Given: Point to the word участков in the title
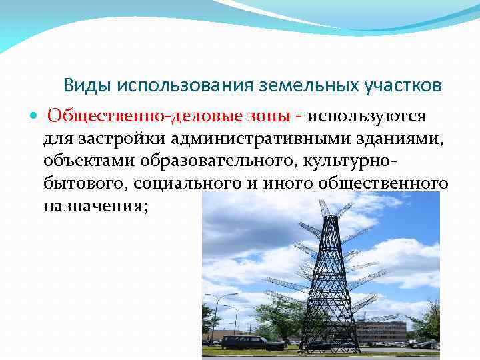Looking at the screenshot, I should [398, 85].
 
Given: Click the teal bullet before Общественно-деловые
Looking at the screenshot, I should [34, 117].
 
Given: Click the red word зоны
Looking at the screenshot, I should [266, 116].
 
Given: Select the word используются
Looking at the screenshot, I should [367, 116].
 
